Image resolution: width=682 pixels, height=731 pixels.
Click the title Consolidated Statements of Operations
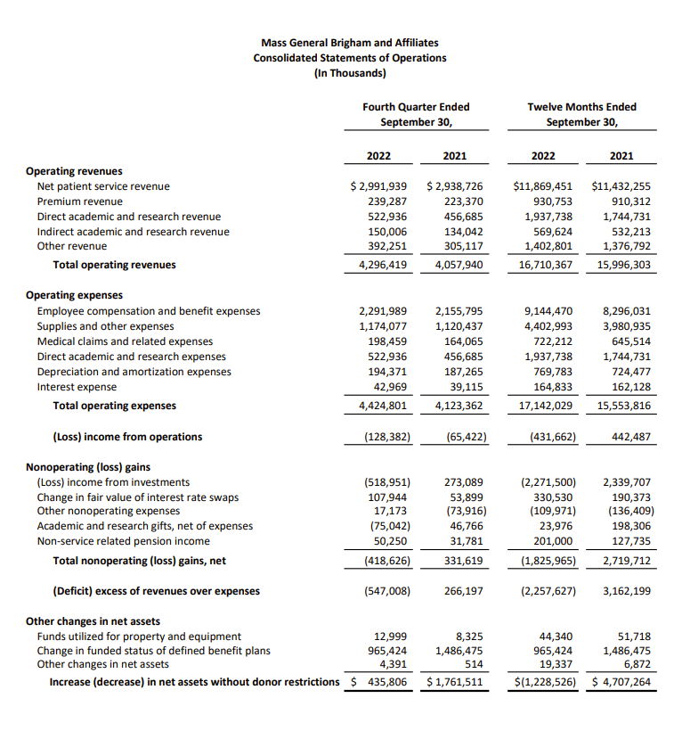[350, 58]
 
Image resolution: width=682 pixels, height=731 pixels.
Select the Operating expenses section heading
[75, 295]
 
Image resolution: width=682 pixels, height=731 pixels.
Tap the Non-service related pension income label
[123, 540]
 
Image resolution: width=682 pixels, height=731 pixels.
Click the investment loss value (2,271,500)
[544, 482]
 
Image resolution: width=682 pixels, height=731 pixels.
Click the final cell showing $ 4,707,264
[621, 683]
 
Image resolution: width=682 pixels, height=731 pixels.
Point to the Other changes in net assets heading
[93, 621]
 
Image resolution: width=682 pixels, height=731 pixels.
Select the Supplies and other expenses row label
[105, 326]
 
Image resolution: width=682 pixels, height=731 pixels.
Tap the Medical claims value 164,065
[462, 341]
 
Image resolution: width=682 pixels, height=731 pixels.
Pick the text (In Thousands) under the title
[350, 73]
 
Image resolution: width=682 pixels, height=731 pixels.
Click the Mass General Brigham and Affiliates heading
[350, 43]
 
